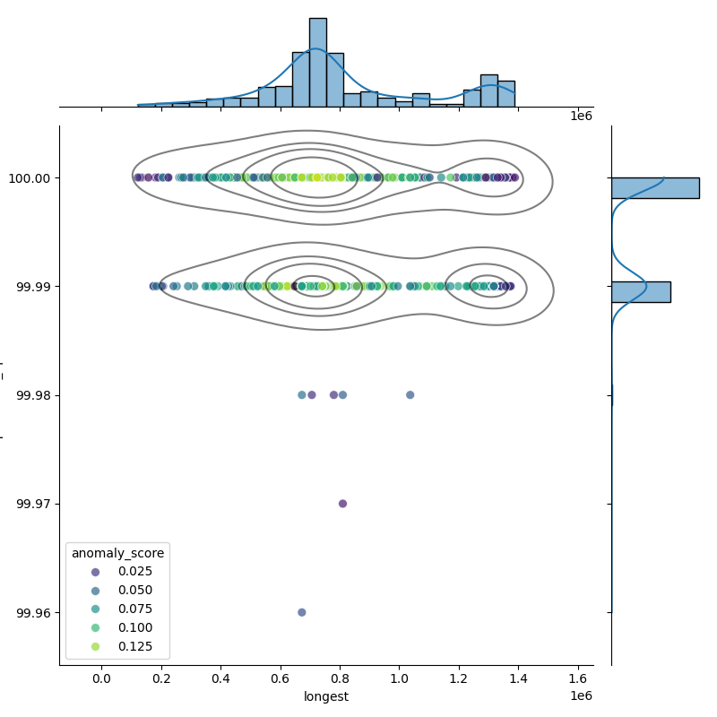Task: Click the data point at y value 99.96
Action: pyautogui.click(x=302, y=612)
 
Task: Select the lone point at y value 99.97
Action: pyautogui.click(x=342, y=504)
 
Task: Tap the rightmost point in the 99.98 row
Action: pyautogui.click(x=410, y=394)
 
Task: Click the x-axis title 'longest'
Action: pyautogui.click(x=326, y=696)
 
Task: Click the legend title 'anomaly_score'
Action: pyautogui.click(x=117, y=553)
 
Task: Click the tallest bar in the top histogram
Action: pyautogui.click(x=318, y=63)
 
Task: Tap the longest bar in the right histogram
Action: pyautogui.click(x=654, y=187)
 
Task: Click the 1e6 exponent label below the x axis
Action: pyautogui.click(x=581, y=696)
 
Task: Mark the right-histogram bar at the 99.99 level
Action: pyautogui.click(x=640, y=291)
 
